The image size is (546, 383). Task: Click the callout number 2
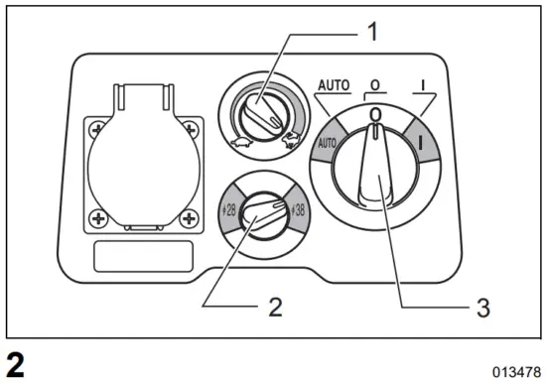(275, 307)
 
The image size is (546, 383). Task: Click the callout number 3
(481, 307)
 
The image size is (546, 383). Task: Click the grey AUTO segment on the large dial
(328, 142)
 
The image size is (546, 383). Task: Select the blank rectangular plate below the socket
(145, 255)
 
